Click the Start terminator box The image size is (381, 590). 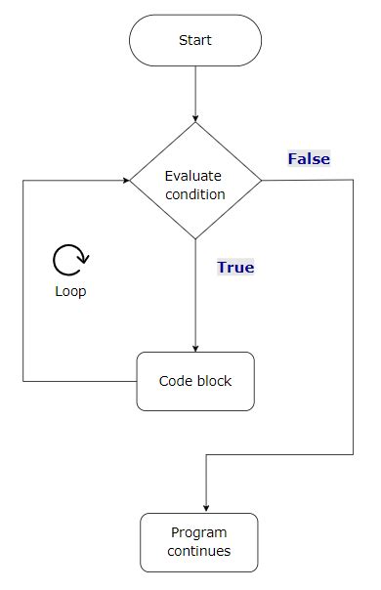click(195, 41)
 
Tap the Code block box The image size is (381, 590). click(195, 381)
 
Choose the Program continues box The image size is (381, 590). click(199, 542)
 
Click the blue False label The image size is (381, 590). click(309, 158)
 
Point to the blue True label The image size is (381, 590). click(235, 267)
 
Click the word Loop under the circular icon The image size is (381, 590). click(70, 291)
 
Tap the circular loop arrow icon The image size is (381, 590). click(70, 260)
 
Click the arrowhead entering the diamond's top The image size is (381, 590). click(195, 117)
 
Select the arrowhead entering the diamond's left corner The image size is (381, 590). click(126, 181)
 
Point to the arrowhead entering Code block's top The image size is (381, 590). click(195, 348)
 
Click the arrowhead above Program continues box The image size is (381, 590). click(205, 508)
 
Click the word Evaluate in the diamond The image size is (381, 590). click(193, 176)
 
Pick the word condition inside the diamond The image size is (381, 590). click(195, 193)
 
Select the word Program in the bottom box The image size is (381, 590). click(199, 532)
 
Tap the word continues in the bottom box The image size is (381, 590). click(199, 551)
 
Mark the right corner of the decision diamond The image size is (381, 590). click(261, 181)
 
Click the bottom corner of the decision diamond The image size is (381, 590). click(195, 238)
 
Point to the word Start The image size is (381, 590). click(195, 41)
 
